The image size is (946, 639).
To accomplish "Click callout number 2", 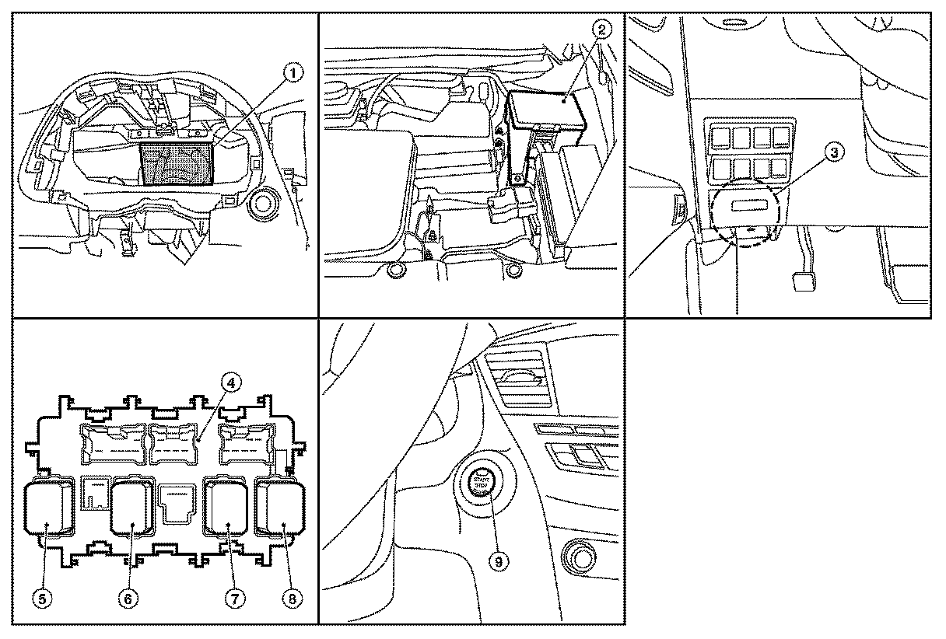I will tap(601, 31).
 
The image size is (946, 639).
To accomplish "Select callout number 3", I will tap(832, 153).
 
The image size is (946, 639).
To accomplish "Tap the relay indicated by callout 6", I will tap(135, 509).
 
